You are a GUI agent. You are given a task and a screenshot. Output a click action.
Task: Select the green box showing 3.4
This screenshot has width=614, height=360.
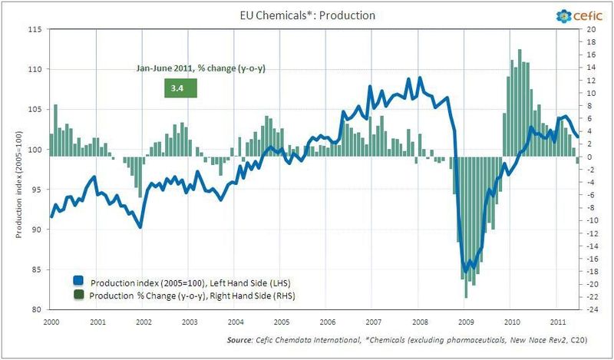pyautogui.click(x=181, y=88)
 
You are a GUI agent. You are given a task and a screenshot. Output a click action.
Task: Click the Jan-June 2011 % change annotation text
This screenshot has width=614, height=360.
pyautogui.click(x=201, y=69)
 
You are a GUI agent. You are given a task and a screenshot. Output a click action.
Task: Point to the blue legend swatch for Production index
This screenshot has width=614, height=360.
pyautogui.click(x=78, y=281)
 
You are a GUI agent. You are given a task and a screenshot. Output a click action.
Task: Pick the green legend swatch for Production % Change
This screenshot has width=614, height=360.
pyautogui.click(x=78, y=295)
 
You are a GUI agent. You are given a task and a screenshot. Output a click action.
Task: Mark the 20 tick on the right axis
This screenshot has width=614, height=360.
pyautogui.click(x=590, y=29)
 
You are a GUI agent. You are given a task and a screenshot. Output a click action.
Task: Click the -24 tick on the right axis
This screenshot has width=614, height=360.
pyautogui.click(x=592, y=310)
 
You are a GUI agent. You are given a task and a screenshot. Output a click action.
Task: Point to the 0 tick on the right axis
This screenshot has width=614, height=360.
pyautogui.click(x=588, y=157)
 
